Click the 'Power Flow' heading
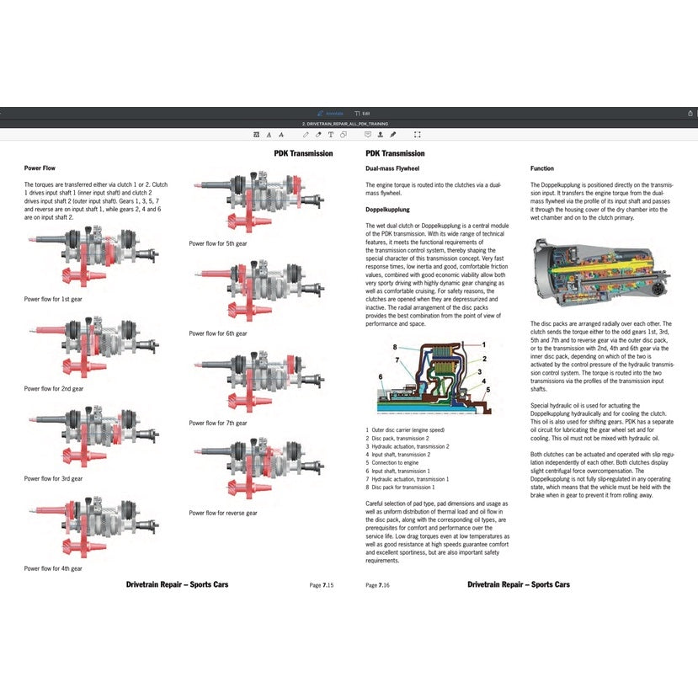40,168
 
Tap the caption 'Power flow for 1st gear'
54,299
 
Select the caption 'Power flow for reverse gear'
223,513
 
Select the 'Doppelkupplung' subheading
387,209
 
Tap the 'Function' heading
542,168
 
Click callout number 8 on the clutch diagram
394,347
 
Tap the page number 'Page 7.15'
322,584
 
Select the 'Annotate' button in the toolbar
332,113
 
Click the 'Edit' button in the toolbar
363,113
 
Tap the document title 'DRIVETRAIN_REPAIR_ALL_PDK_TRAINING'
348,124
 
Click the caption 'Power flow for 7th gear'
218,423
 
